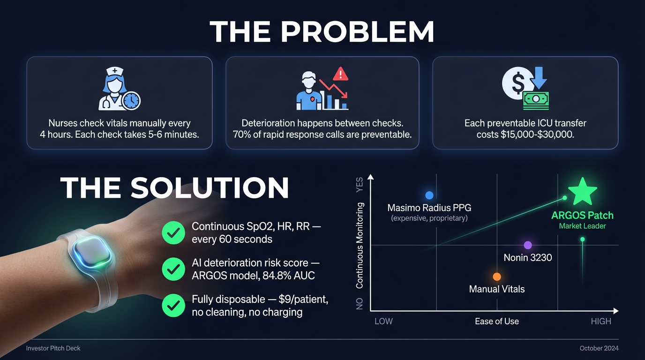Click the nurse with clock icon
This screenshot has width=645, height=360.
pos(119,89)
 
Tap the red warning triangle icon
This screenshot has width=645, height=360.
pos(340,74)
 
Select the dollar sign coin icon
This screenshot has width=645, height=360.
pos(517,83)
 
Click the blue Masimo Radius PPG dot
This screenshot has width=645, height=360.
pos(429,195)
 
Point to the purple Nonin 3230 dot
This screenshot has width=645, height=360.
pos(528,245)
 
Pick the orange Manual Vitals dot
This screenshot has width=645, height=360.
pos(497,277)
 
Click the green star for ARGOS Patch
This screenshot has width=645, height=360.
pos(582,192)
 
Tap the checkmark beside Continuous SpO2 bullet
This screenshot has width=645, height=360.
pos(173,233)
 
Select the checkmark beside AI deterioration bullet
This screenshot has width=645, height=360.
pos(173,269)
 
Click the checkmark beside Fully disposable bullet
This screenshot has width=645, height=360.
pos(173,306)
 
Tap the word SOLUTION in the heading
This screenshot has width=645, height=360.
pos(210,187)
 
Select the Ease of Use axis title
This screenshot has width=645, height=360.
pos(497,321)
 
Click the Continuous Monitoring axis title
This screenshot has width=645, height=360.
pos(360,245)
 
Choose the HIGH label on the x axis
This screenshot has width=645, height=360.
pos(601,321)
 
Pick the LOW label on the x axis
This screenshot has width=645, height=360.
pos(383,321)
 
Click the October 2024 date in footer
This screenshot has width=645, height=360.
pos(599,348)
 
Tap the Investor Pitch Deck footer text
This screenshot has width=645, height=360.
pos(53,348)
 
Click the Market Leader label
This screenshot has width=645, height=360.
pos(582,226)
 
